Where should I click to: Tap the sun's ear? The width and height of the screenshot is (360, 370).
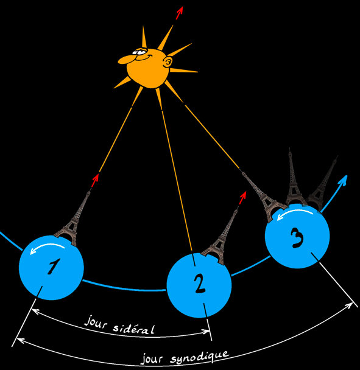click(x=168, y=62)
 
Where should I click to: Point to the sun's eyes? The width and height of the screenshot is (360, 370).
click(x=140, y=52)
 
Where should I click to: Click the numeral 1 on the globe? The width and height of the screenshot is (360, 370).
click(x=54, y=266)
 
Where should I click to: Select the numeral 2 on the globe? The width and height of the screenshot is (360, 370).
click(x=200, y=284)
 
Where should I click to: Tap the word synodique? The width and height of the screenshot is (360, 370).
click(x=200, y=358)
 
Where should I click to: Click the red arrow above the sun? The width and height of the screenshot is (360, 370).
click(x=180, y=13)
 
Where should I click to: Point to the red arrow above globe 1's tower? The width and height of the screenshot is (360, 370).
click(x=95, y=180)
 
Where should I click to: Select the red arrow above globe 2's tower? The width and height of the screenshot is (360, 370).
click(x=242, y=198)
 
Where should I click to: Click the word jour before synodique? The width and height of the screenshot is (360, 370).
click(x=152, y=359)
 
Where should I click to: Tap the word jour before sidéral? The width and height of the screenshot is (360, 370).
click(x=96, y=322)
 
